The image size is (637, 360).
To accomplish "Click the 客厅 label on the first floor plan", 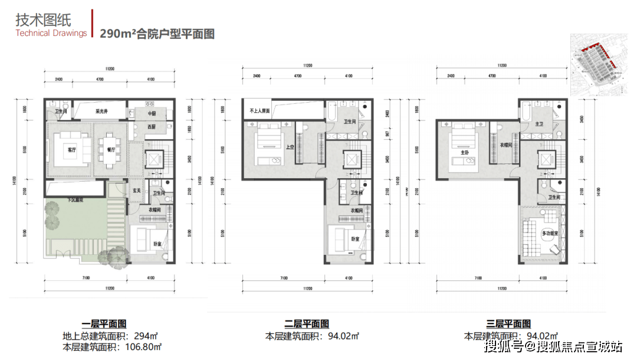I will click(x=73, y=149).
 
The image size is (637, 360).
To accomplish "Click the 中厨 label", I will click(x=152, y=113).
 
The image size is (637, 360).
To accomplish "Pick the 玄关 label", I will click(x=137, y=190).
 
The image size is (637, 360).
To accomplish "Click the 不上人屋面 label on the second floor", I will click(x=260, y=110).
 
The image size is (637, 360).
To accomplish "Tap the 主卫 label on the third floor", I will click(x=538, y=124).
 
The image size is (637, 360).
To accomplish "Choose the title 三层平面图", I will click(x=508, y=323).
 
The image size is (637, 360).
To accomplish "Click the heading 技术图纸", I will click(x=40, y=19).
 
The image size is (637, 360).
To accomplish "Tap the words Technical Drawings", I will click(x=51, y=33).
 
